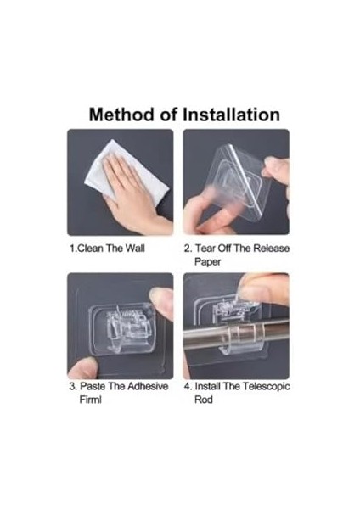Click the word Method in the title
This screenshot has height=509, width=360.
pos(122,115)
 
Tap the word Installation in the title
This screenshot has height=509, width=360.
pos(231,115)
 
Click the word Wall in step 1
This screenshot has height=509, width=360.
pos(135,249)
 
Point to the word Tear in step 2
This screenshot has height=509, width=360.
pos(205,249)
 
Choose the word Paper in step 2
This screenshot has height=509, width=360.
pos(208,262)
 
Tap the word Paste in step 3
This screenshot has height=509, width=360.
pos(93,386)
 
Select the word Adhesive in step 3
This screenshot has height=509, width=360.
pos(148,386)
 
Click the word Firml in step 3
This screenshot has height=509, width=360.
pos(90,400)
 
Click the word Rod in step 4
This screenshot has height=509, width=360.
pos(204,400)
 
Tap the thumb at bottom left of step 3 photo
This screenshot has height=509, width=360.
pos(83,367)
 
